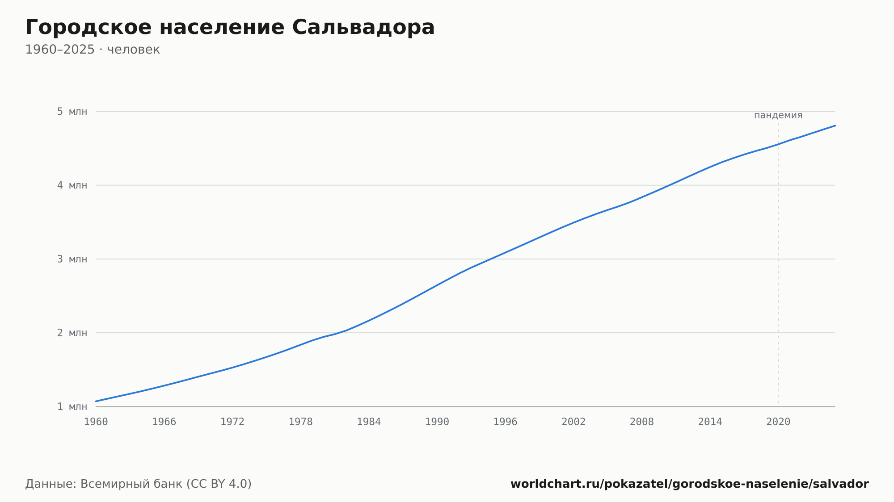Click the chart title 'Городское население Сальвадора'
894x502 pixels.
230,28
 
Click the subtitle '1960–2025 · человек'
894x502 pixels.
93,50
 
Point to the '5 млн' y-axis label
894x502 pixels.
72,112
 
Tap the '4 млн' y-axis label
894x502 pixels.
72,185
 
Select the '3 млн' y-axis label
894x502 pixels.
72,259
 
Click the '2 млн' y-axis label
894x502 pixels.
72,333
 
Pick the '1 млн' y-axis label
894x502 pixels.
72,406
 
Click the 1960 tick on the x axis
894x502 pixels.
96,422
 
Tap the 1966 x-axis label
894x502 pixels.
164,422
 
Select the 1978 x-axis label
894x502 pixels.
300,422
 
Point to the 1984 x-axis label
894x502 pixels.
369,422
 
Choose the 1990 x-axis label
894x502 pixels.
437,422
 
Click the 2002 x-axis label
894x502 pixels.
574,422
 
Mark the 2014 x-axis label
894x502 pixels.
710,422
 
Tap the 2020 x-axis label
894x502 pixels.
778,422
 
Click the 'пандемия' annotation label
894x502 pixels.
778,115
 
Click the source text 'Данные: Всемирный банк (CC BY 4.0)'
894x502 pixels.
139,484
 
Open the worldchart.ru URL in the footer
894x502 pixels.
690,484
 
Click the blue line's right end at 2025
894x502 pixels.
835,125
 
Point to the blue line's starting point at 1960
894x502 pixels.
96,401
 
